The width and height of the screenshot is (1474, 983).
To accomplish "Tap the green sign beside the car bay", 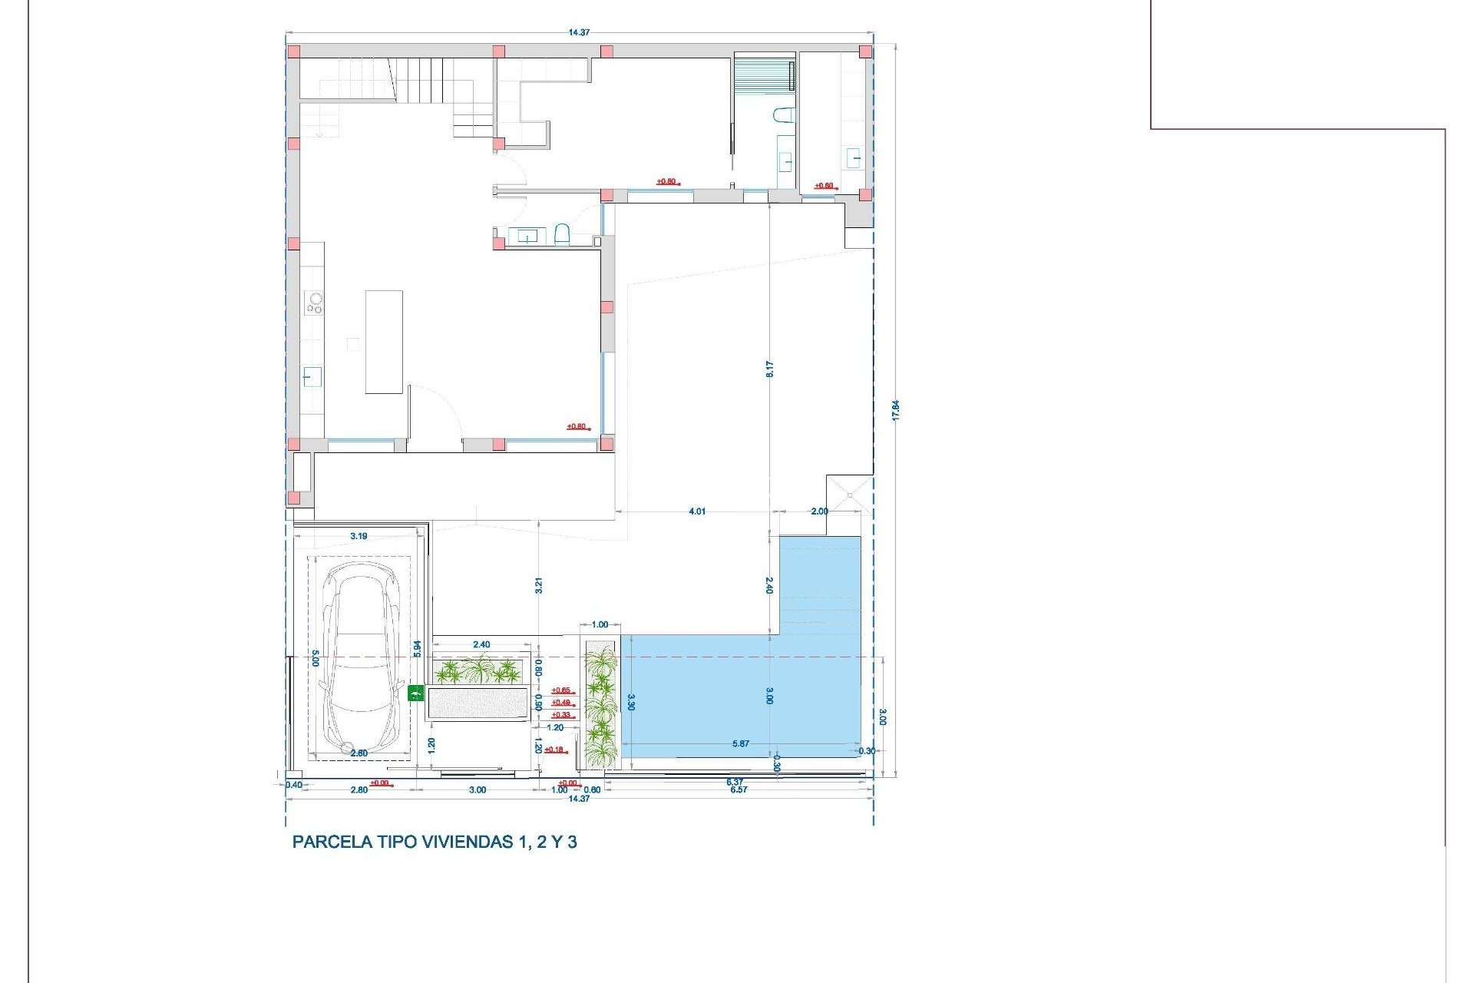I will click(415, 693).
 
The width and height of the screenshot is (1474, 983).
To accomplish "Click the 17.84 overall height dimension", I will click(895, 410).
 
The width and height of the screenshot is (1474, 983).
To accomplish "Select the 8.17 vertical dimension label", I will click(769, 369).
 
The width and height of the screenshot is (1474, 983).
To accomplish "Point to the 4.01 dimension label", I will click(696, 511).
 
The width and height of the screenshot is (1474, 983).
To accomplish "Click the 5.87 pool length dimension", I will click(740, 743).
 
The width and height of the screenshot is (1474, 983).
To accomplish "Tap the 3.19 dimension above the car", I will click(359, 536).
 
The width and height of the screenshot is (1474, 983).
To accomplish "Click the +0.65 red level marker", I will click(561, 690).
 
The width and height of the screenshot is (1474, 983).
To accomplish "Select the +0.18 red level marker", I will click(554, 750).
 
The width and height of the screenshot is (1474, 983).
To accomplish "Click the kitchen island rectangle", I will click(384, 342).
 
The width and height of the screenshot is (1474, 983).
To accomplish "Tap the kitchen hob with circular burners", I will click(314, 303).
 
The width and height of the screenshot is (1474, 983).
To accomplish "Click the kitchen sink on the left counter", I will click(312, 377).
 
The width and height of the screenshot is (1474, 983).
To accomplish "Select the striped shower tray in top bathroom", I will click(763, 75).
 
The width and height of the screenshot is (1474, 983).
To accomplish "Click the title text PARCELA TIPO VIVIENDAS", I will click(435, 842).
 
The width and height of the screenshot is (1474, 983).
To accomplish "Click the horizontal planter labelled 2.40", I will click(478, 672).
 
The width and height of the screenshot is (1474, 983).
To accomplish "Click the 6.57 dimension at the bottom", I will click(738, 789).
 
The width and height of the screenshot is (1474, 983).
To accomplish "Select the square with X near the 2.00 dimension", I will click(850, 495).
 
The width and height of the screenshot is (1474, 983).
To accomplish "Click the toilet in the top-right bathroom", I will click(783, 115).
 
